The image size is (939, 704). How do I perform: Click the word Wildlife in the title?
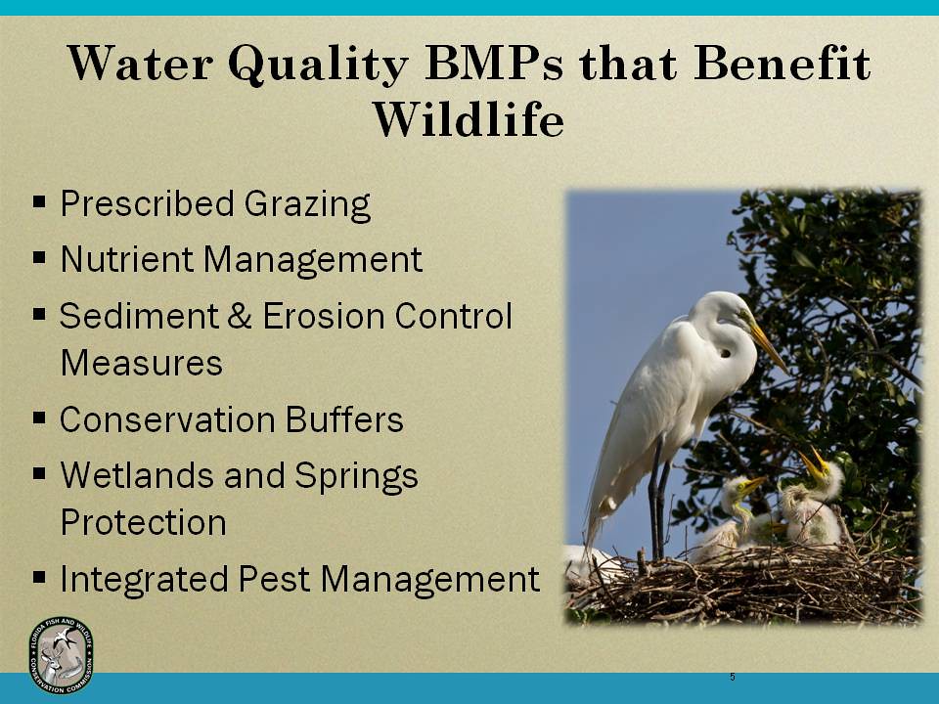(x=469, y=120)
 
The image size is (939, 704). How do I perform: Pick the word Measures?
(x=141, y=364)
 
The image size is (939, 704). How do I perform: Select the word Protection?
(x=143, y=522)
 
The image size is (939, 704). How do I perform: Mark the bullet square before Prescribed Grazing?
(x=40, y=202)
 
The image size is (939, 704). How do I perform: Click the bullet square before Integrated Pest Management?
(x=40, y=577)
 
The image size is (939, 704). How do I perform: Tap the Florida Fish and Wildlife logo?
(x=62, y=655)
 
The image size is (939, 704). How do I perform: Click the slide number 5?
(x=732, y=678)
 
